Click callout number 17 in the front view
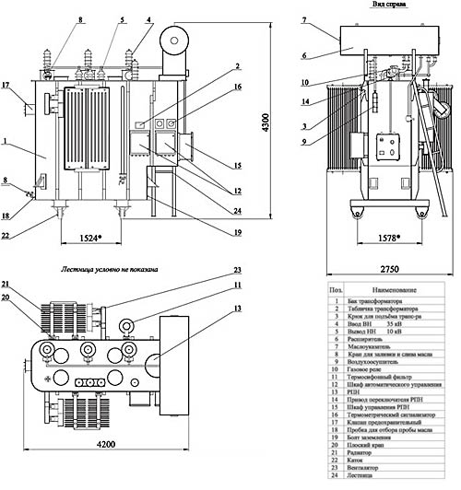point(7,87)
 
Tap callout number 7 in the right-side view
point(304,19)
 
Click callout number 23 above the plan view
point(235,271)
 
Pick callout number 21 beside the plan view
point(6,283)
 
